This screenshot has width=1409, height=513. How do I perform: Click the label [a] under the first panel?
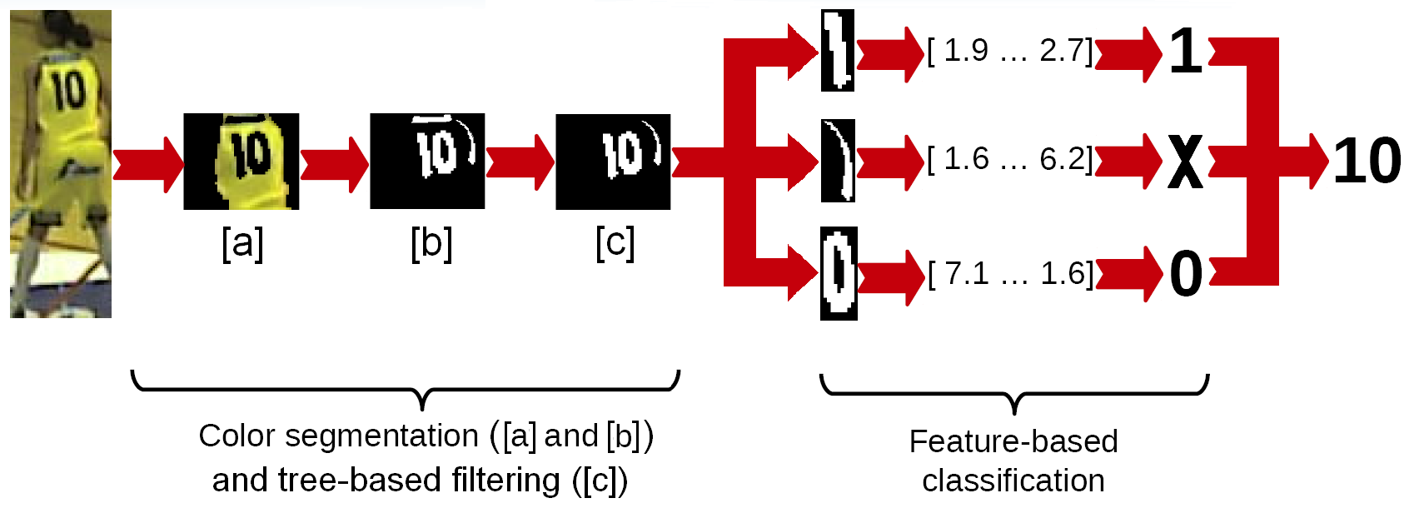coord(242,243)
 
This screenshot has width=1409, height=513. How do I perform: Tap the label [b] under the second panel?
coord(431,243)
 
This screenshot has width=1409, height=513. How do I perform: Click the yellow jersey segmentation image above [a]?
coord(241,162)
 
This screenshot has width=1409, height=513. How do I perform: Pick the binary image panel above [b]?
coord(427,162)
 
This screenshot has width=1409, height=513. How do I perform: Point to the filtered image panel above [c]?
coord(613,162)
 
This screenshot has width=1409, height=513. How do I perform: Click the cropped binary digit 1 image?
coord(837,50)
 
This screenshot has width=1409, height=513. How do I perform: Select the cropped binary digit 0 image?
coord(839,273)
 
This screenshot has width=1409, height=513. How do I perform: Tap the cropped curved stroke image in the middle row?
coord(838,161)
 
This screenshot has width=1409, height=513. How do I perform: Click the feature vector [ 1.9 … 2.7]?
coord(1009,51)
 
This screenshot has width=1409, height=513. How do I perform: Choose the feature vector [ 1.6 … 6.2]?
coord(1009,158)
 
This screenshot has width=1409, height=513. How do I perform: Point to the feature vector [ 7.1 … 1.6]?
coord(1010,273)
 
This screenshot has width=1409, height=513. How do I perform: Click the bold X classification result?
coord(1185,162)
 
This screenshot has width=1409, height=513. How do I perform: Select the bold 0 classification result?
coord(1186,274)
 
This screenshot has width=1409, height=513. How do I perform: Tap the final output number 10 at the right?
coord(1367,162)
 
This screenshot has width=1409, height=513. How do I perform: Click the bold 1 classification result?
coord(1186,52)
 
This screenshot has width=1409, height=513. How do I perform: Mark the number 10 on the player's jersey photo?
coord(67,90)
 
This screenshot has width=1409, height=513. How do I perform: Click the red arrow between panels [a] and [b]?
coord(334,163)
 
